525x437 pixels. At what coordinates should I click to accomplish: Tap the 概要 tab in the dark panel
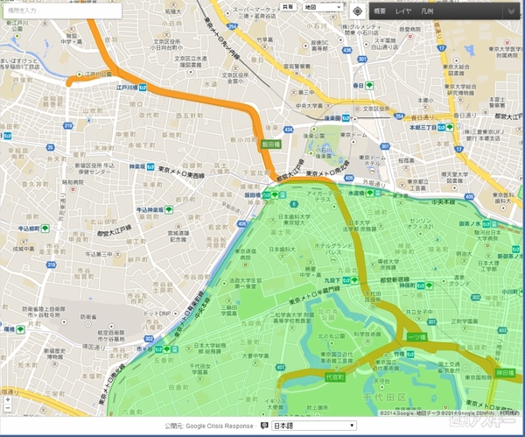click(x=379, y=11)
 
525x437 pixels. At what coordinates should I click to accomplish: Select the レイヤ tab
click(x=403, y=11)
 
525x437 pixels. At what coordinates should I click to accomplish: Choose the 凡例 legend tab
click(x=427, y=11)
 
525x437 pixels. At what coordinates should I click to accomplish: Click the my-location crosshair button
click(x=357, y=11)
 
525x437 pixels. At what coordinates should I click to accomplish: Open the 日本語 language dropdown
click(x=308, y=426)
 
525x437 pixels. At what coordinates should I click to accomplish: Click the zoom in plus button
click(x=8, y=400)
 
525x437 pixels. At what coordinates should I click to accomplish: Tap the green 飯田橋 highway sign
click(x=269, y=144)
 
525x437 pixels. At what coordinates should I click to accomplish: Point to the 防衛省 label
click(x=38, y=308)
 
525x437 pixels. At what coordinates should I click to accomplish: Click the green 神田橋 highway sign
click(x=505, y=372)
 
